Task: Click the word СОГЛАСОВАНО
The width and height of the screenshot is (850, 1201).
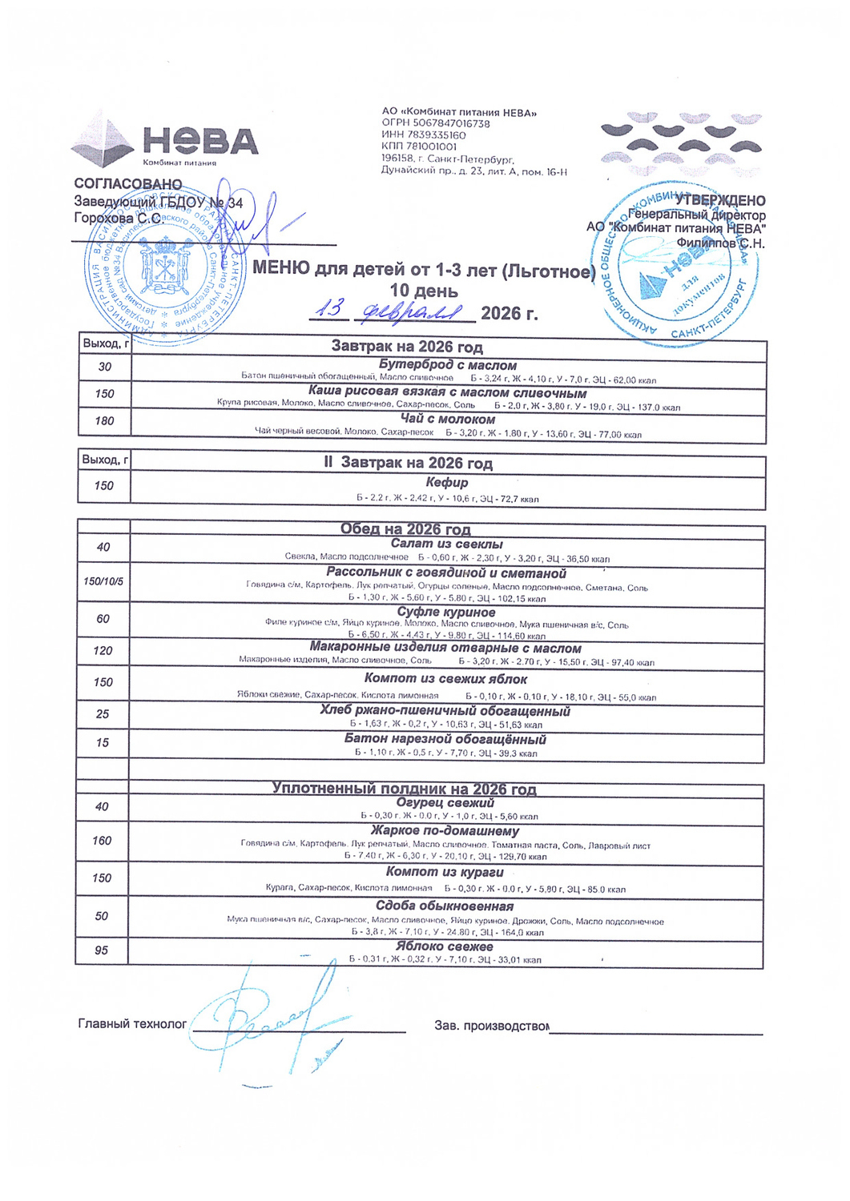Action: [128, 185]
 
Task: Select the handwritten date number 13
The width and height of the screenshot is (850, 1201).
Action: [330, 308]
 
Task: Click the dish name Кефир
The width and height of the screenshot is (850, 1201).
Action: [447, 483]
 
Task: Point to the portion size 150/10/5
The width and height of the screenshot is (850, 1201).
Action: [103, 580]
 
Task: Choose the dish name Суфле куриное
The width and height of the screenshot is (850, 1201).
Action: [446, 613]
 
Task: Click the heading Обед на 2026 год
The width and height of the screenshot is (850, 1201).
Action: [405, 529]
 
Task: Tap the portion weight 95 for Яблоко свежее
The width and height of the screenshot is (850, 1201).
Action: [101, 950]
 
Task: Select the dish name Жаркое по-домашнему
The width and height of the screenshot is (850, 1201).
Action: [445, 831]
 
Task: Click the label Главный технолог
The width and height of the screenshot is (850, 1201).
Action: [132, 1024]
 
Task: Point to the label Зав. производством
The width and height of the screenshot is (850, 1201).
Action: [491, 1026]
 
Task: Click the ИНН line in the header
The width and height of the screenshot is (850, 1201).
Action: [424, 135]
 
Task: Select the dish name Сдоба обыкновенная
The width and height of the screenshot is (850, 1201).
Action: [445, 906]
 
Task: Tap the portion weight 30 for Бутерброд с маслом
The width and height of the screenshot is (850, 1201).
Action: [105, 367]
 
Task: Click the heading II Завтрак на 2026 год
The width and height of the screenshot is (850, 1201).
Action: [409, 464]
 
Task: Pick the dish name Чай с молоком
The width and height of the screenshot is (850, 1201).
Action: [448, 420]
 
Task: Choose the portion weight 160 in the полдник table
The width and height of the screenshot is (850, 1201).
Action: [102, 841]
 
